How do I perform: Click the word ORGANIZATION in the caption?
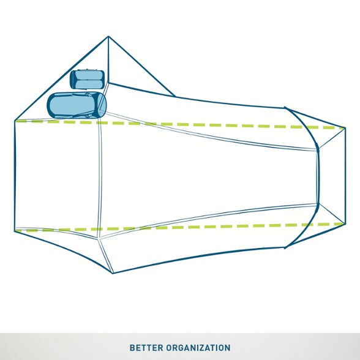198,348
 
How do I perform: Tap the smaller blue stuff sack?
88,80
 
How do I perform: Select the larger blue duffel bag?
77,105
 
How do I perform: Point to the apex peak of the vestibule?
108,36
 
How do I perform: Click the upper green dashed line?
180,124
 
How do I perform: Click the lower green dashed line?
180,227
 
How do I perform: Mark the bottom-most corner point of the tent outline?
113,273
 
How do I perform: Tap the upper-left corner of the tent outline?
15,121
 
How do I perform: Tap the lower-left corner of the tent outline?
15,231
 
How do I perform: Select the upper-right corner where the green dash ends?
345,128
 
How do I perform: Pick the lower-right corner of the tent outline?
345,223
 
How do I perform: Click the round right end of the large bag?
102,105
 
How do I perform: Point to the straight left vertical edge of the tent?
15,176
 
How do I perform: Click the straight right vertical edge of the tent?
345,176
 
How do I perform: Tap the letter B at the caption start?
132,348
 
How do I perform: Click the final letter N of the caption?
228,348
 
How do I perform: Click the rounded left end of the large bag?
51,105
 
